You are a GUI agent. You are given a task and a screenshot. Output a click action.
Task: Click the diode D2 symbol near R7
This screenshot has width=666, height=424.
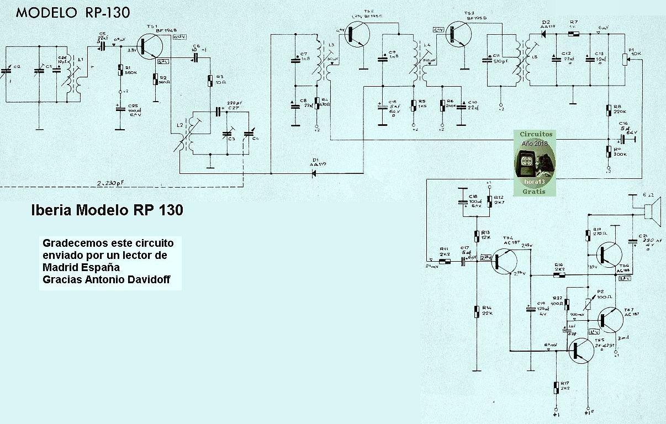(x=545, y=34)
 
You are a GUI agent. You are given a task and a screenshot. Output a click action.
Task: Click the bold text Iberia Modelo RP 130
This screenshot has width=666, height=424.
(x=106, y=210)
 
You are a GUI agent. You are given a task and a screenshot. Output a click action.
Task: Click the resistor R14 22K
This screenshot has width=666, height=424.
(x=477, y=311)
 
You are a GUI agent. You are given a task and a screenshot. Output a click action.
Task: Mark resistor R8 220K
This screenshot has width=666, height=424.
(x=609, y=110)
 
